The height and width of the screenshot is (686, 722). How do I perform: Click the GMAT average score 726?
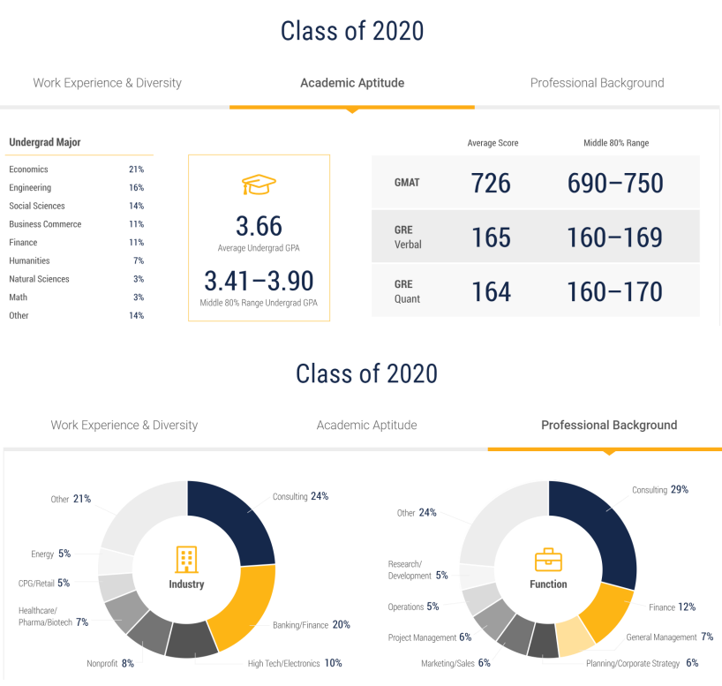coord(491,183)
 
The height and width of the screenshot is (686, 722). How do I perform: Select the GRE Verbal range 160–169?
coord(614,237)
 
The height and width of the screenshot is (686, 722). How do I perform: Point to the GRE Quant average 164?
coord(491,291)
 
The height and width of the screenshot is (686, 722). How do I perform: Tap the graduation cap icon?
coord(259,185)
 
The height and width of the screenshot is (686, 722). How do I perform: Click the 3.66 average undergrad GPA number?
coord(259,226)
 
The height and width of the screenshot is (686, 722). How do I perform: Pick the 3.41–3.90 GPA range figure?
coord(259,281)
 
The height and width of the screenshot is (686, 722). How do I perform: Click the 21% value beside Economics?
coord(136,170)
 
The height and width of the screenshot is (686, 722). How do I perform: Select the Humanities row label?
coord(29,260)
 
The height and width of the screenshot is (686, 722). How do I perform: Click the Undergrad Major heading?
coord(45,142)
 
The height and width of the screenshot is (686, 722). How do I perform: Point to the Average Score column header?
coord(493,143)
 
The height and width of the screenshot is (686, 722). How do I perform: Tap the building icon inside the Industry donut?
coord(186,558)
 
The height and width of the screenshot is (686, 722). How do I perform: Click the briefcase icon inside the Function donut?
coord(548,560)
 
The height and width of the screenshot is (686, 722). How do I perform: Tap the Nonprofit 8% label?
coord(110,663)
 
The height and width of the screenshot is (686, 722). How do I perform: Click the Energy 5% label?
coord(50,554)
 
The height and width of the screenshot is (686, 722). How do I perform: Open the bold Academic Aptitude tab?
coord(352,83)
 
